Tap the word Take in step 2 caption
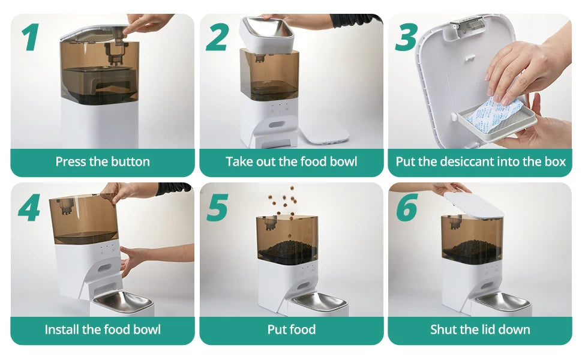pos(239,161)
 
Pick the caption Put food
pos(292,329)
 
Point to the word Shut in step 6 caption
pos(445,329)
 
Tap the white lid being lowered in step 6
pos(472,205)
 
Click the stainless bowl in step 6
pos(501,301)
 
